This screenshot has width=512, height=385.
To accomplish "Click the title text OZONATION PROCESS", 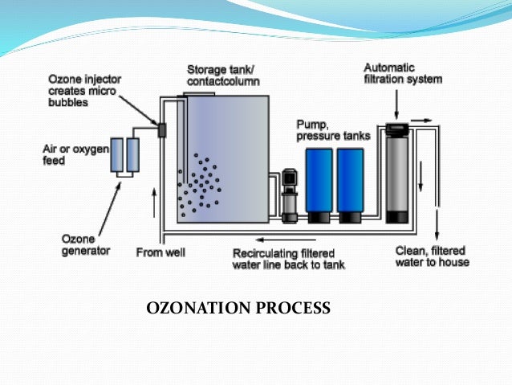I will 238,307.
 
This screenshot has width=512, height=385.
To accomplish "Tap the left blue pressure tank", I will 320,184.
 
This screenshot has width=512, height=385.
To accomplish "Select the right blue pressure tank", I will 351,184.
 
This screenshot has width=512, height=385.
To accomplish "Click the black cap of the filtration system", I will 397,127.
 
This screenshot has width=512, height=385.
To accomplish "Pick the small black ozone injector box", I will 161,129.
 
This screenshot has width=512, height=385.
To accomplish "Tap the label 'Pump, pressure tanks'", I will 331,130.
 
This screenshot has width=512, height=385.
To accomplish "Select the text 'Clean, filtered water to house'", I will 432,256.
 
